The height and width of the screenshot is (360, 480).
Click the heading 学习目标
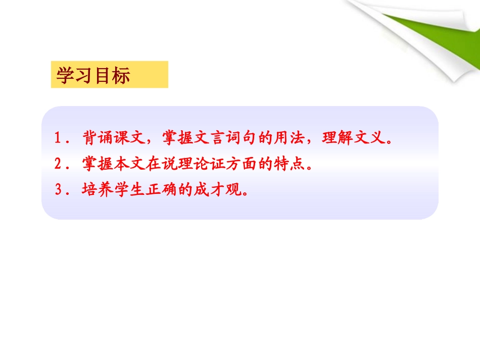[x=93, y=76]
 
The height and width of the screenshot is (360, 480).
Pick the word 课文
[x=128, y=138]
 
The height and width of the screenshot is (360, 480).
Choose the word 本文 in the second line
[x=128, y=164]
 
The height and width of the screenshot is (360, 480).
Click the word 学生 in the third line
[x=128, y=190]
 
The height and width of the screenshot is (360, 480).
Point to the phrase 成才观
[x=211, y=190]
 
